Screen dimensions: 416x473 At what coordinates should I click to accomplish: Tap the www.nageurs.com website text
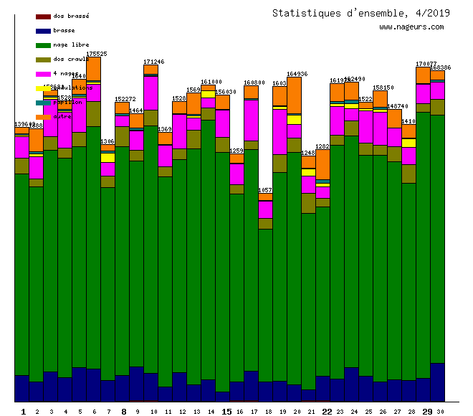pyautogui.click(x=411, y=27)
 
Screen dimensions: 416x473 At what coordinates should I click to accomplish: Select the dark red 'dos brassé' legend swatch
pyautogui.click(x=43, y=16)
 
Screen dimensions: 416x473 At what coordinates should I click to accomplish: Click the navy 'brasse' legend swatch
pyautogui.click(x=43, y=30)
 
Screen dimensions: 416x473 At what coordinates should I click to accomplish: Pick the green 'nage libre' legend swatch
pyautogui.click(x=43, y=44)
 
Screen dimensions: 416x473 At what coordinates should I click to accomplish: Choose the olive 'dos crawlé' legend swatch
pyautogui.click(x=43, y=59)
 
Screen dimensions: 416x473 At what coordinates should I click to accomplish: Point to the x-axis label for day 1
pyautogui.click(x=23, y=412)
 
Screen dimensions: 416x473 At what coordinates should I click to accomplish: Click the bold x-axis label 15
pyautogui.click(x=226, y=412)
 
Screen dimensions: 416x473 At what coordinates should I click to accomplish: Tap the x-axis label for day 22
pyautogui.click(x=327, y=412)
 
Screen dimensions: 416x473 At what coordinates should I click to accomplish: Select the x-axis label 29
pyautogui.click(x=427, y=412)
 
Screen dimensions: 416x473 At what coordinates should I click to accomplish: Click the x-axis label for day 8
pyautogui.click(x=123, y=412)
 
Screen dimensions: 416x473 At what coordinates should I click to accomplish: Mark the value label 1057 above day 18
pyautogui.click(x=265, y=190)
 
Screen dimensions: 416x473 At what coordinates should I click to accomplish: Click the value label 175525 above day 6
pyautogui.click(x=97, y=54)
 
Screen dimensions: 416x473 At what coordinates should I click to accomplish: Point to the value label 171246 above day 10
pyautogui.click(x=154, y=62)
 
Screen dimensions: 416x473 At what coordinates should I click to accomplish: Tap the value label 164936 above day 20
pyautogui.click(x=297, y=74)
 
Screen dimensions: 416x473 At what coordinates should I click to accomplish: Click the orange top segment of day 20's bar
pyautogui.click(x=294, y=95)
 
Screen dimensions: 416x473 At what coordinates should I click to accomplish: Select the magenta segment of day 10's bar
pyautogui.click(x=150, y=93)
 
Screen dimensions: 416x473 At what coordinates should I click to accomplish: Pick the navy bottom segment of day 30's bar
pyautogui.click(x=437, y=382)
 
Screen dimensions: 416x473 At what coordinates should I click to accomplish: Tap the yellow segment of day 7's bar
pyautogui.click(x=107, y=157)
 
